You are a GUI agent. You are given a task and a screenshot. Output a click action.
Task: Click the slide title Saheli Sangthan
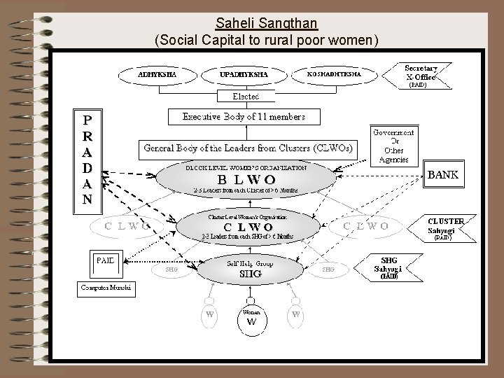(x=267, y=23)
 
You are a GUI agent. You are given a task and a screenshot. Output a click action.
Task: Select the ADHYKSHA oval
(x=156, y=73)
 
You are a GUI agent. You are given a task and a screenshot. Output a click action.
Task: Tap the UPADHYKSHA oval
(x=243, y=73)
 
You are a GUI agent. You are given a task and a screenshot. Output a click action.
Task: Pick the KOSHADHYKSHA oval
(x=335, y=73)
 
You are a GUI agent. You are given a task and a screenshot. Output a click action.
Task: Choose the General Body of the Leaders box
(x=248, y=148)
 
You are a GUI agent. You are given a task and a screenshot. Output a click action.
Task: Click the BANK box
(x=443, y=175)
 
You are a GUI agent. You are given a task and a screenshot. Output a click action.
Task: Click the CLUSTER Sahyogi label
(x=445, y=226)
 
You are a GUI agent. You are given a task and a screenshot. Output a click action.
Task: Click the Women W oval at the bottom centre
(x=251, y=318)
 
